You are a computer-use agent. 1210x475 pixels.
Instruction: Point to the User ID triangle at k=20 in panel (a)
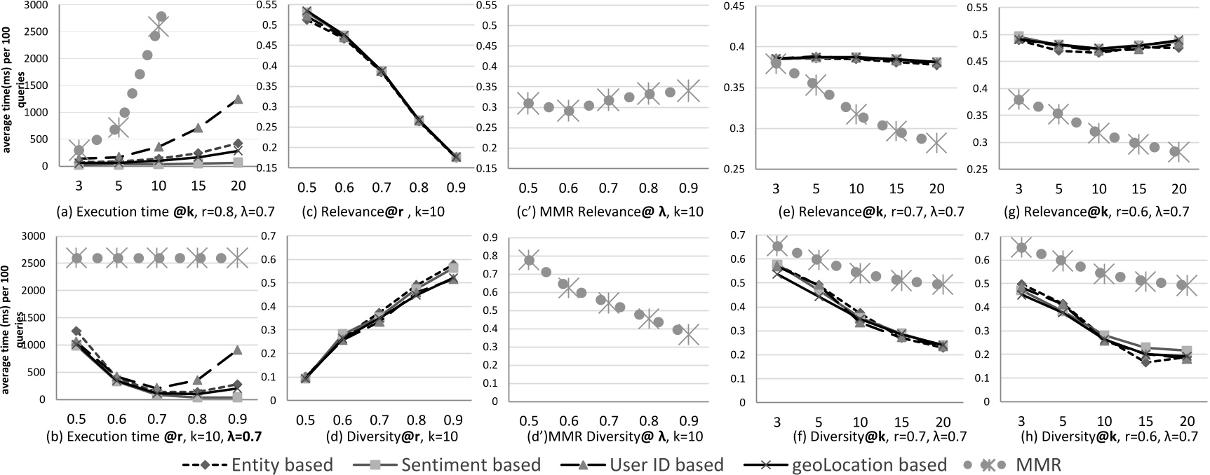click(238, 99)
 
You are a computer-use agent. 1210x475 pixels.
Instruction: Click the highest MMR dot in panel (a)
click(161, 16)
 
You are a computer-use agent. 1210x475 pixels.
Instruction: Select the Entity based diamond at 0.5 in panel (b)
click(76, 331)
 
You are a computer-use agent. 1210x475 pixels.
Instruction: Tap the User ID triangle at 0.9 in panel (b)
click(238, 350)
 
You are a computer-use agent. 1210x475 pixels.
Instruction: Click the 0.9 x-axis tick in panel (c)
click(456, 189)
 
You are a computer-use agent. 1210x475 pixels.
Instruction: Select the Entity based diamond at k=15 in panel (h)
click(1145, 362)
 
